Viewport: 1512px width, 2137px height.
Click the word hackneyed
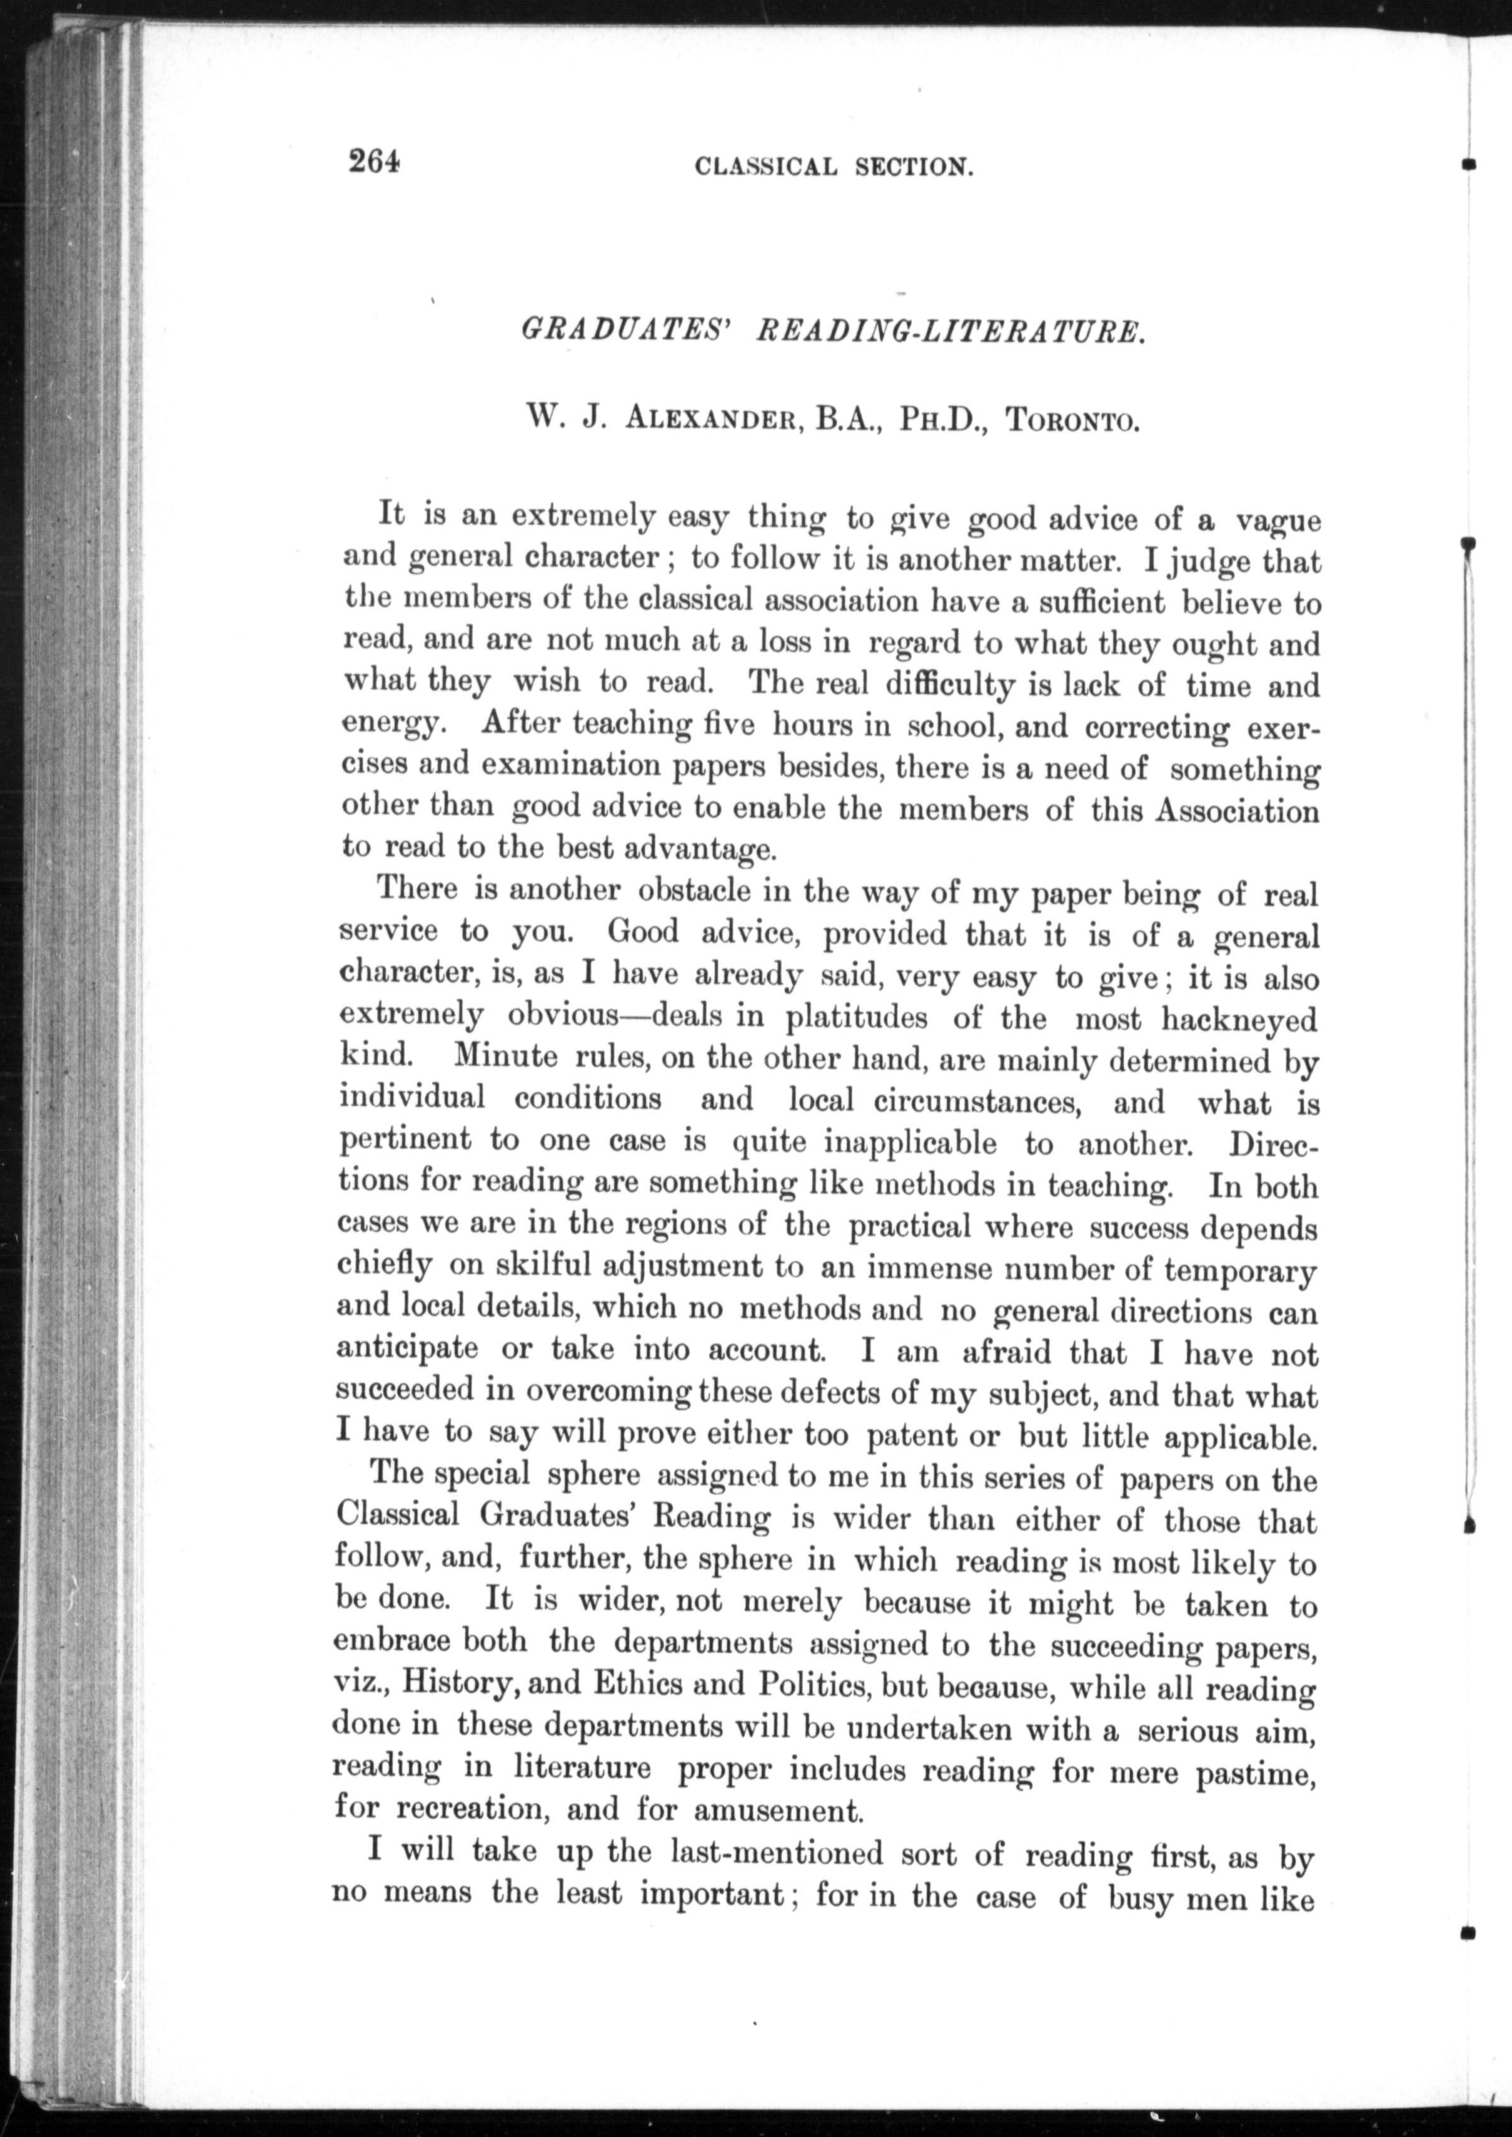(1239, 1019)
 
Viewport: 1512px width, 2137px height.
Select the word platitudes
(857, 1017)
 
